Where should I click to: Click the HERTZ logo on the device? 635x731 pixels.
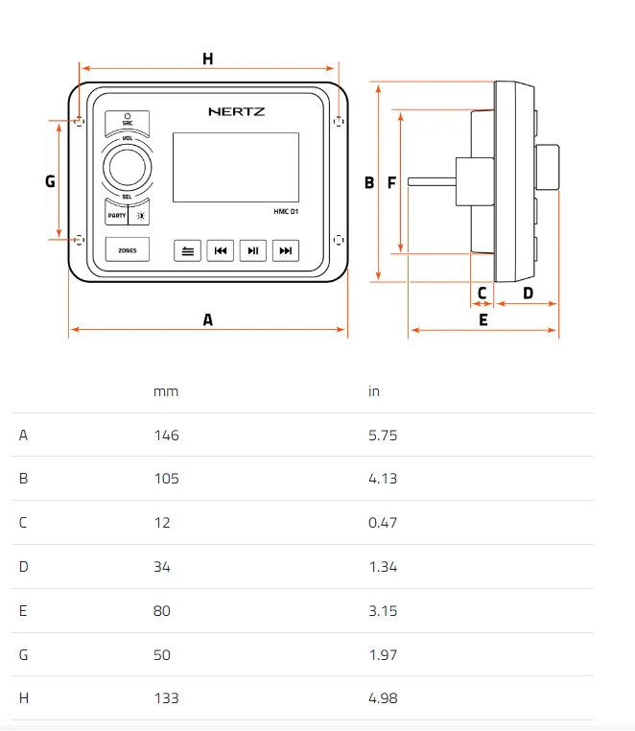(x=237, y=111)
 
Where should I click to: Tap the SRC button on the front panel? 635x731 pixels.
(x=127, y=120)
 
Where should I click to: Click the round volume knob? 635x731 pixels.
(x=127, y=167)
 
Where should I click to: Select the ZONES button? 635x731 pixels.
(x=127, y=250)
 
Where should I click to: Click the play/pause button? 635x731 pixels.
(x=252, y=250)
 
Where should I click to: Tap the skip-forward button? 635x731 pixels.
(x=285, y=250)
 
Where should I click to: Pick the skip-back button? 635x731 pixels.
(x=220, y=250)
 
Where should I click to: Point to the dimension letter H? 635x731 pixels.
(x=207, y=59)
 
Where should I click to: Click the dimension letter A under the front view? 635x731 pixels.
(x=207, y=320)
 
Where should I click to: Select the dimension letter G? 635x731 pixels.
(x=50, y=180)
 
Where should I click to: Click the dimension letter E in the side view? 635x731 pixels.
(x=482, y=320)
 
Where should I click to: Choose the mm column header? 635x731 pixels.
(x=166, y=391)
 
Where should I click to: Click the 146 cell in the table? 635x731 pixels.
(x=166, y=435)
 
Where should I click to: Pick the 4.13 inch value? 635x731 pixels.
(x=383, y=479)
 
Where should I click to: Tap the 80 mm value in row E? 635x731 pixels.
(x=162, y=611)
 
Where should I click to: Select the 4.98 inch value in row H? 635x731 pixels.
(x=383, y=698)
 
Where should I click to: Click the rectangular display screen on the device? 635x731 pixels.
(x=235, y=168)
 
